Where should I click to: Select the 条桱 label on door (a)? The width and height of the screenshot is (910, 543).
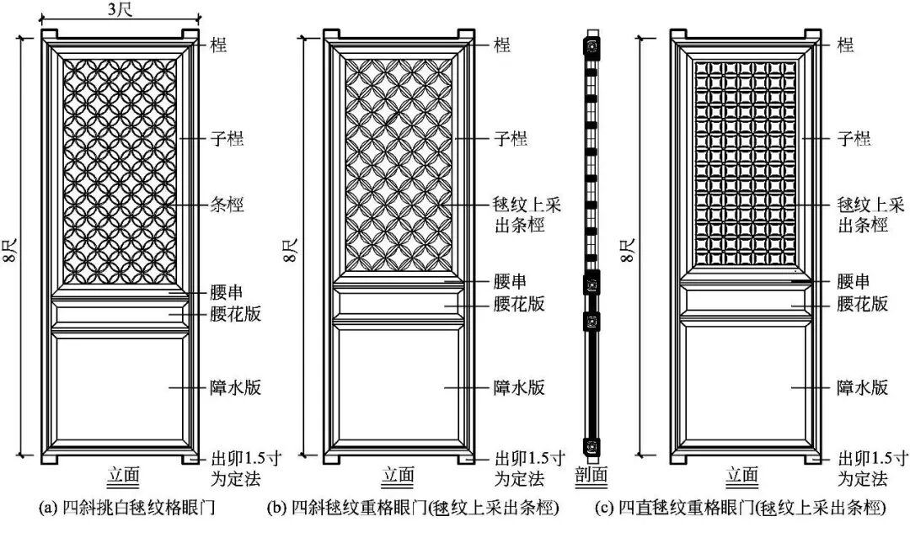pos(227,205)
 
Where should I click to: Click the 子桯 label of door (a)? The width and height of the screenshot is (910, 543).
pos(227,138)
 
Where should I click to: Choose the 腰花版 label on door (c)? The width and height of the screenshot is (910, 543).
pos(862,304)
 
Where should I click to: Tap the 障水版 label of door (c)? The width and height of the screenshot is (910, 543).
pos(862,387)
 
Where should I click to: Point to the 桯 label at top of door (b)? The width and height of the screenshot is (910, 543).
pos(502,45)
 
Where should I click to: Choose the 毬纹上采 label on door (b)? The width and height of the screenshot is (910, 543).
pos(527,205)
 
